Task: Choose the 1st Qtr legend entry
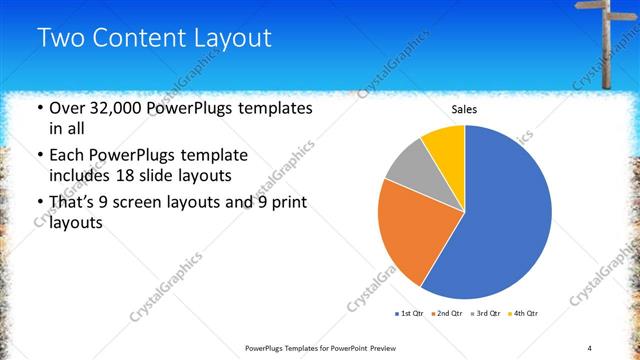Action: pyautogui.click(x=410, y=314)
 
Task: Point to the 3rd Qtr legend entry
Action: pyautogui.click(x=485, y=314)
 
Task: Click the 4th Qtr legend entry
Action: pyautogui.click(x=523, y=314)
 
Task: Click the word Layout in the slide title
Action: pyautogui.click(x=234, y=38)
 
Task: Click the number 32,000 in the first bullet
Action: pyautogui.click(x=114, y=107)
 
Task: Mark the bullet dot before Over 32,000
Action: pyautogui.click(x=38, y=108)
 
